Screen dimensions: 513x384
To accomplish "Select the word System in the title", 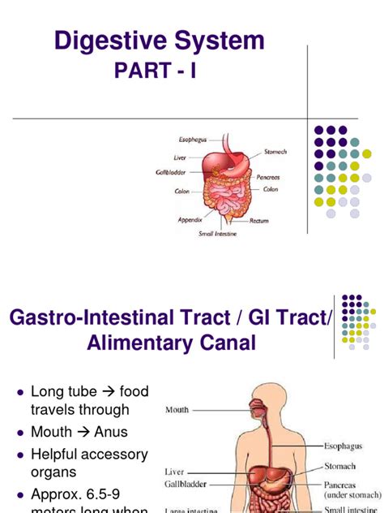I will tap(220, 40).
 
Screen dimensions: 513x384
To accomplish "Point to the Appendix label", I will tap(190, 219).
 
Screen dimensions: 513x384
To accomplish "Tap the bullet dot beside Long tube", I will tap(19, 392).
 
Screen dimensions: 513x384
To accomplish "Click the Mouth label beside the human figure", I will tap(177, 410).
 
